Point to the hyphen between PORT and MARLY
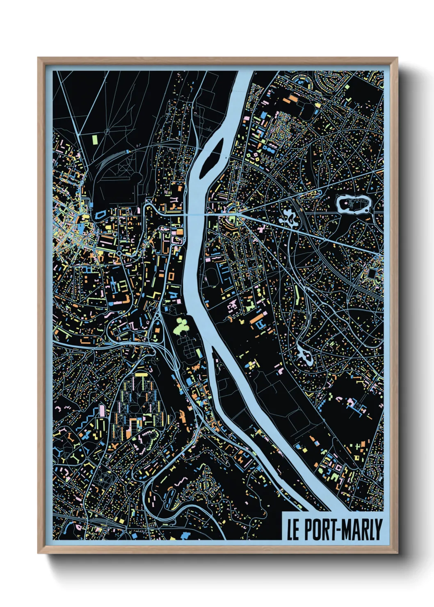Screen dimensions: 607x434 pos(338,530)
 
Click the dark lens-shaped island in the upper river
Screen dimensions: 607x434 pos(211,158)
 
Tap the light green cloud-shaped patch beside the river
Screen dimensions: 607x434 pos(180,326)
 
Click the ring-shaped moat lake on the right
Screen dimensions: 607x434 pos(352,204)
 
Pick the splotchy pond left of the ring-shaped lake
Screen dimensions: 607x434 pos(289,218)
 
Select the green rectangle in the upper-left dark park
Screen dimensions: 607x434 pos(95,139)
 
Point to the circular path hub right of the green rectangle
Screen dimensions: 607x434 pos(107,132)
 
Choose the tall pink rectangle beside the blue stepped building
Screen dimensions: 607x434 pos(102,410)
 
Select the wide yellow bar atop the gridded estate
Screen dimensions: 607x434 pos(141,374)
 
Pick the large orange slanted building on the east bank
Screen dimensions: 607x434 pos(256,318)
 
